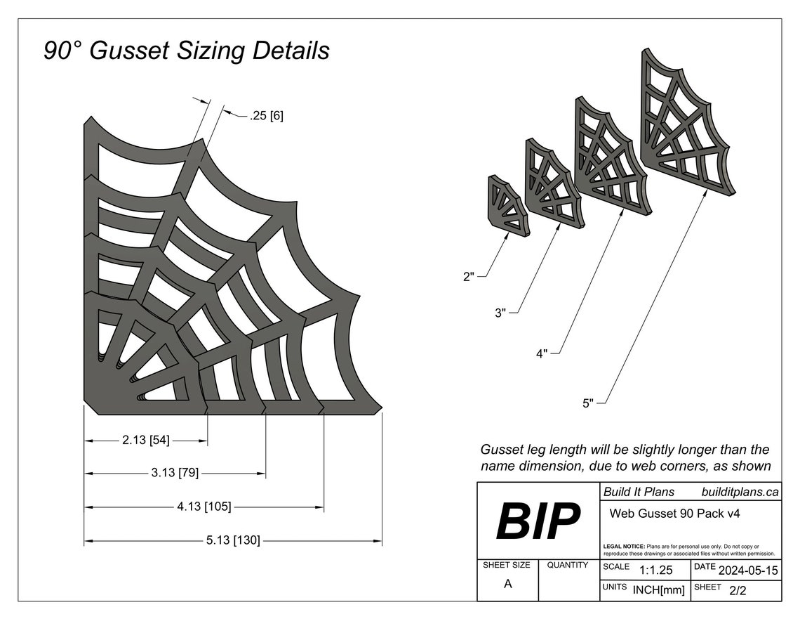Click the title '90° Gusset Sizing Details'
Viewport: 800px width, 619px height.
[x=186, y=51]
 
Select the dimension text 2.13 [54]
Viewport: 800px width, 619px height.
[x=145, y=441]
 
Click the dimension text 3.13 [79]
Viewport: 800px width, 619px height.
[x=175, y=473]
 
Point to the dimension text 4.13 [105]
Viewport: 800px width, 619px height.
[x=204, y=507]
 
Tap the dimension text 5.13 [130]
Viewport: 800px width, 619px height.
[x=233, y=540]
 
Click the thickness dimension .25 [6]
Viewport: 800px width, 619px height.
[x=266, y=115]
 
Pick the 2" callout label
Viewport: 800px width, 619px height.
[x=469, y=277]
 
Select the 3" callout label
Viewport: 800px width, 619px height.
[x=500, y=313]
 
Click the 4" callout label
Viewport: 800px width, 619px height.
[x=542, y=354]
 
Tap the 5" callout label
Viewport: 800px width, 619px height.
[x=587, y=403]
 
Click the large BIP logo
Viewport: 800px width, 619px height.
[x=538, y=521]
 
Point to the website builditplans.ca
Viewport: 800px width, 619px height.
[x=740, y=492]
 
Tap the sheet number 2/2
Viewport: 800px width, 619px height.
[x=738, y=591]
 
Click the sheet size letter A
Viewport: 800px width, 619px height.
[x=507, y=585]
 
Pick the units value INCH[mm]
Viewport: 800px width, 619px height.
[x=658, y=591]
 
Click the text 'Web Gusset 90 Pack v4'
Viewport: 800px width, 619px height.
[x=674, y=514]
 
